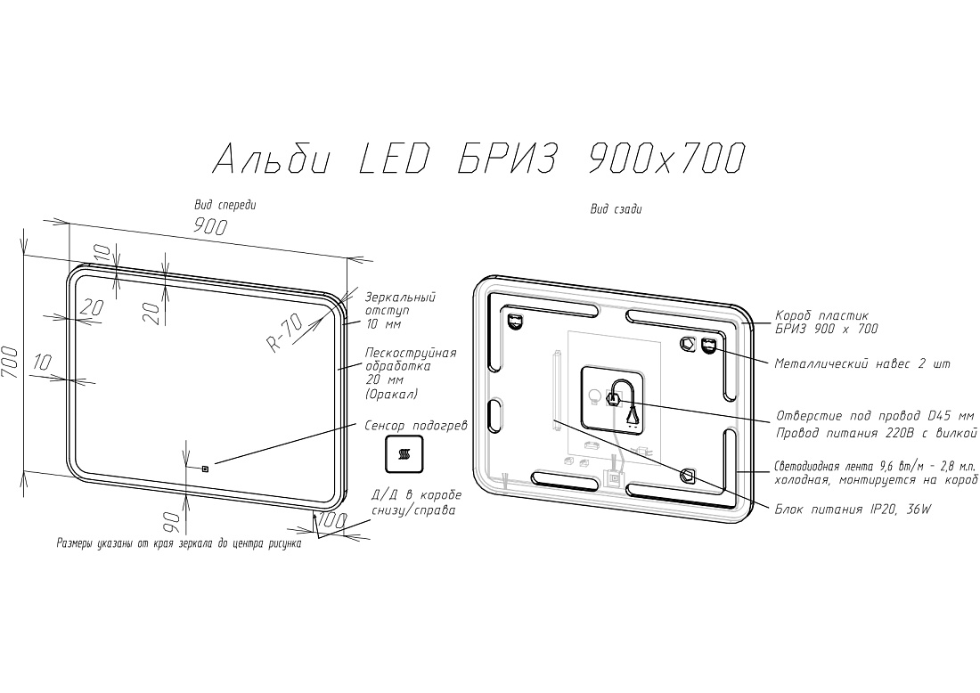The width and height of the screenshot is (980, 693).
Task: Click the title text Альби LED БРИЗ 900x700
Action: tap(479, 159)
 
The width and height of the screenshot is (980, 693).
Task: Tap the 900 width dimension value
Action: tap(210, 226)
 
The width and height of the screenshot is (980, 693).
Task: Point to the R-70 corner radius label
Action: tap(283, 333)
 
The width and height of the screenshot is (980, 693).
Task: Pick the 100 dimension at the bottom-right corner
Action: tap(332, 520)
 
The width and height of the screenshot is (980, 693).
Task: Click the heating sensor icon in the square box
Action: tap(403, 453)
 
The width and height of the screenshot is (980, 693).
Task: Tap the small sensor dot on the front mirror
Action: tap(205, 467)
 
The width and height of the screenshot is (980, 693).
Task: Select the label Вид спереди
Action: tap(225, 205)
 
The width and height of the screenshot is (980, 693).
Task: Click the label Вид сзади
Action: tap(616, 209)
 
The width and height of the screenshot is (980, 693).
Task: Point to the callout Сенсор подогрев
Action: tap(416, 426)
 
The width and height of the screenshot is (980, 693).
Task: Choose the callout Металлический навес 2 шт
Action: tap(862, 363)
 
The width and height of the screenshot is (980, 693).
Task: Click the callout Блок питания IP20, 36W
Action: tap(853, 510)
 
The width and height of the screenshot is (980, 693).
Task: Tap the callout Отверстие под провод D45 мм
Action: tap(875, 416)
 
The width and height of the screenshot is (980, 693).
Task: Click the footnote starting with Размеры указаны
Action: tap(179, 543)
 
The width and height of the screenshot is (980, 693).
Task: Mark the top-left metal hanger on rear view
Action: tap(515, 322)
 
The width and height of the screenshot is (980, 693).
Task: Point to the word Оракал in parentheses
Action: tap(391, 395)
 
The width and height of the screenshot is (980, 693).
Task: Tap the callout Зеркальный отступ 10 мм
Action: tap(400, 311)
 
